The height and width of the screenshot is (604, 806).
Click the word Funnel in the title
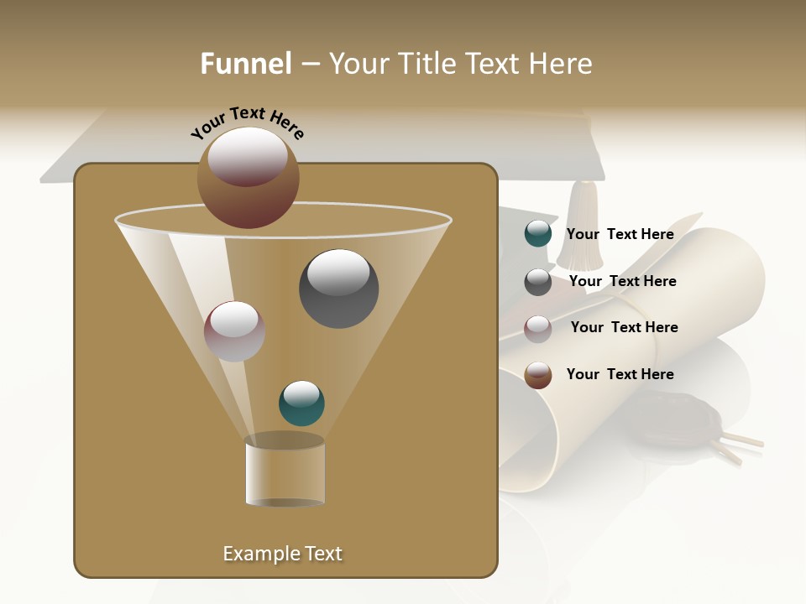point(246,64)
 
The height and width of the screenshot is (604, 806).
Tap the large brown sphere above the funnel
point(248,178)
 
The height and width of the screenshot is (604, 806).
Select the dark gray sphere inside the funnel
point(338,289)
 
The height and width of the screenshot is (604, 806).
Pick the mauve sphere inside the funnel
point(234,331)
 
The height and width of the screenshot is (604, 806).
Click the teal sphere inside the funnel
point(301,403)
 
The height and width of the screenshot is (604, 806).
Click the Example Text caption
point(282,554)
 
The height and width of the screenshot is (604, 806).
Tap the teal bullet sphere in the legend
point(537,234)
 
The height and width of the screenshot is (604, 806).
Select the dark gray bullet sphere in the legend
point(537,282)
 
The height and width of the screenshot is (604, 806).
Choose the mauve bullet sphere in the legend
point(537,328)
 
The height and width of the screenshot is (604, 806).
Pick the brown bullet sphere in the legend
point(537,375)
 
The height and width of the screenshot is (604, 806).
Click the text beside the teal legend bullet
point(620,234)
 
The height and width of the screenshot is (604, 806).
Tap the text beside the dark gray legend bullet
point(622,281)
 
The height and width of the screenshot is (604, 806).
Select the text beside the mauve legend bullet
point(624,327)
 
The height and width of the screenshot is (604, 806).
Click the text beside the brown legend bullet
point(620,374)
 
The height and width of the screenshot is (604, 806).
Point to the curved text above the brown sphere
point(247,123)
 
